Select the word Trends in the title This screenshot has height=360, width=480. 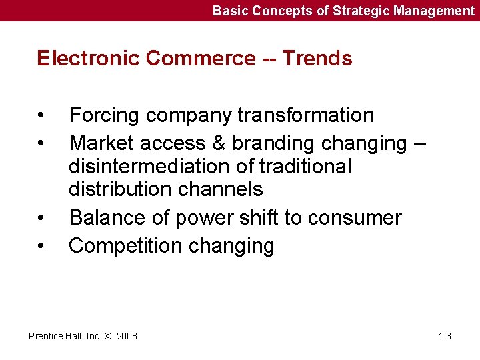317,59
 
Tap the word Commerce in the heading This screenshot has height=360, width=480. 200,59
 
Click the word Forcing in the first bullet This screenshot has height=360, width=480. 105,115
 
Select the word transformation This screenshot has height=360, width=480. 306,115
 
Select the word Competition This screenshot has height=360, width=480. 125,246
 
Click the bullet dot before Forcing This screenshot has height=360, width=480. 41,115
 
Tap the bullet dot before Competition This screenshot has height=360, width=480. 41,246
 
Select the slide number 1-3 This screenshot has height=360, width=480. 445,336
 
